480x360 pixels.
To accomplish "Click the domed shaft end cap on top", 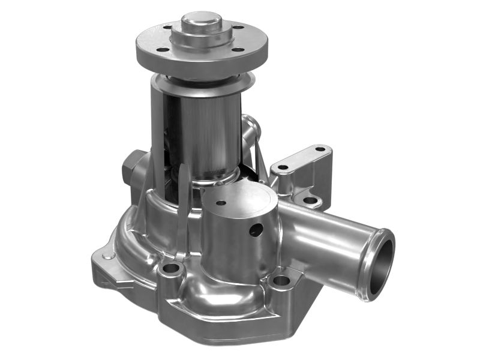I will click(200, 24).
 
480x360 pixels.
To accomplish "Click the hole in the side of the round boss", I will click(256, 230).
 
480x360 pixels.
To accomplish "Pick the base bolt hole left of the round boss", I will click(172, 268).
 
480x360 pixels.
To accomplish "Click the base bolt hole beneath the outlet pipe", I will click(280, 280).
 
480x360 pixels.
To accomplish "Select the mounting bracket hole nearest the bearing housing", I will click(283, 167).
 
